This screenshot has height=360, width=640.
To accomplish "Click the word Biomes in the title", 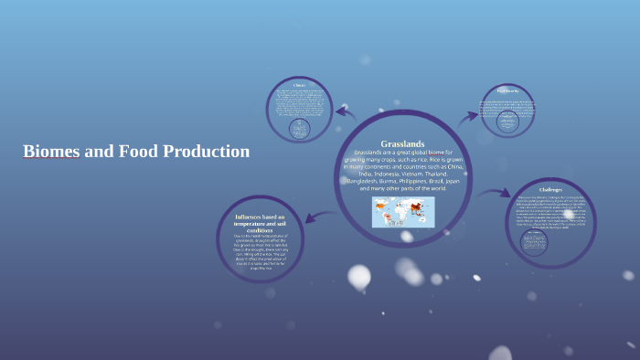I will point(51,152).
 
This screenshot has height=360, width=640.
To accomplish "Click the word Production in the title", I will point(206,152).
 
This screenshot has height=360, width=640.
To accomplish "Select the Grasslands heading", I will point(402,143).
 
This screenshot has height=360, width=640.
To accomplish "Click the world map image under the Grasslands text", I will point(403,212).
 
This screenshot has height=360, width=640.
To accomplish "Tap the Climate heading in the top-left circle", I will point(298,86).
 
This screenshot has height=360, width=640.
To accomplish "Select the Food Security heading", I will point(507,90).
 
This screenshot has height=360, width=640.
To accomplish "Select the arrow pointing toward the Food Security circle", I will point(468,116).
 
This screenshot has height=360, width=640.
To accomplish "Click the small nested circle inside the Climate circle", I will point(298,129).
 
